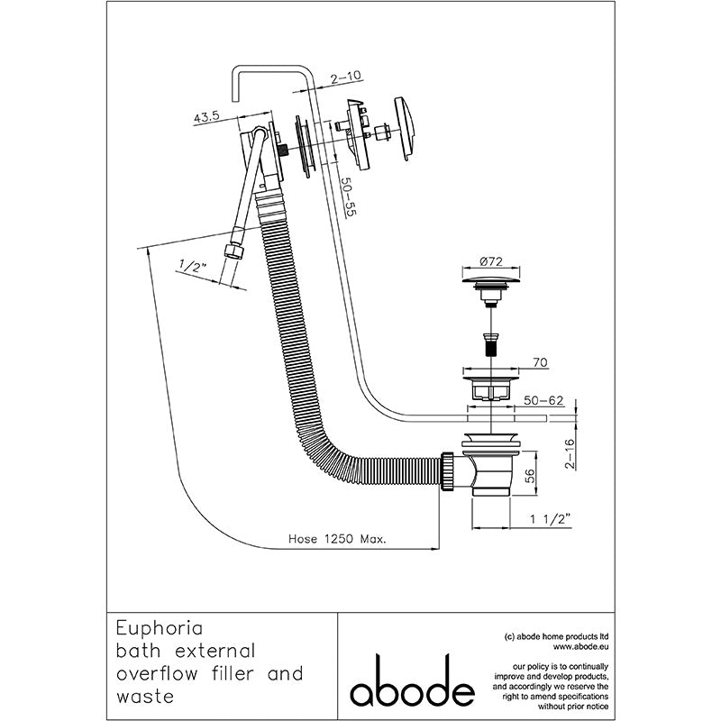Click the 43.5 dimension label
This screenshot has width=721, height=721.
tap(206, 116)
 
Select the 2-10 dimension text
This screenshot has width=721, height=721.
tap(345, 78)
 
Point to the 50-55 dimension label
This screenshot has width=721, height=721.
tap(349, 197)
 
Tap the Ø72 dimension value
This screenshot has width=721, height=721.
tap(491, 261)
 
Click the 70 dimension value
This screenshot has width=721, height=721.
tap(540, 362)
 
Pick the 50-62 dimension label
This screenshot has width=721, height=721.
tap(543, 400)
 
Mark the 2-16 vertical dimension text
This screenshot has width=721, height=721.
tap(570, 454)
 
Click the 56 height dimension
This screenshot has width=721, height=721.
tap(530, 476)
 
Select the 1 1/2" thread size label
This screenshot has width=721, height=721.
tap(551, 519)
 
